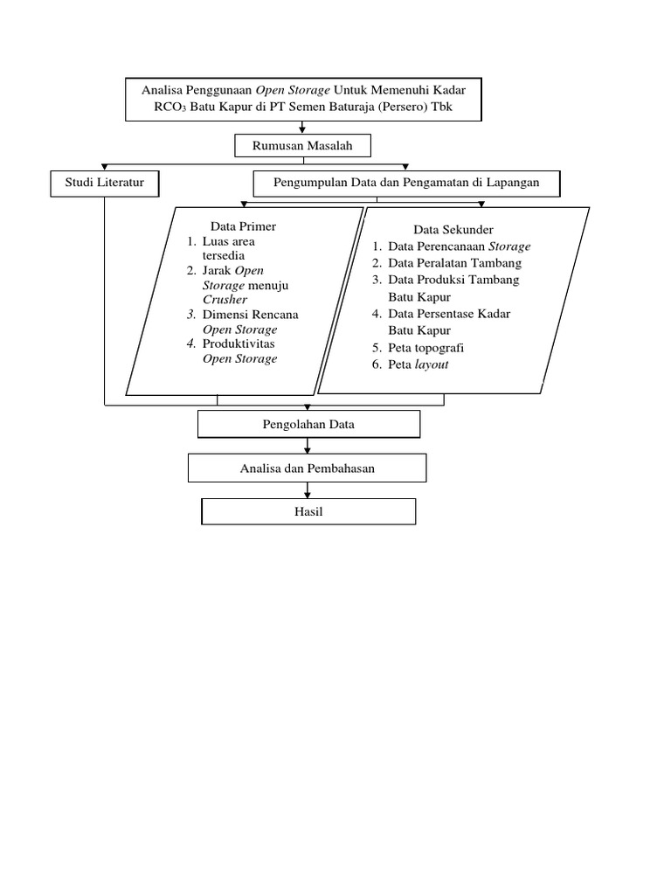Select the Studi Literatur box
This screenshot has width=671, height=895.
click(x=105, y=183)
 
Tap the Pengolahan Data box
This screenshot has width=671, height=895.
click(x=308, y=425)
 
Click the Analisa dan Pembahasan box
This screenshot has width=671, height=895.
click(x=308, y=468)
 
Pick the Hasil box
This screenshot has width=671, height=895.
click(x=308, y=511)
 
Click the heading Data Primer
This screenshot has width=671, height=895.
click(x=243, y=226)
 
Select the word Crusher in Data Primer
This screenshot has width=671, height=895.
click(x=225, y=300)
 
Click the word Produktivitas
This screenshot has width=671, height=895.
click(x=239, y=344)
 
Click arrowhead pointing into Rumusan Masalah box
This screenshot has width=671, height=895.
click(x=301, y=131)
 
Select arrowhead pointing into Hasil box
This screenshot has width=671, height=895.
click(x=308, y=495)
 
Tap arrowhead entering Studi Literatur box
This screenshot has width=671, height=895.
click(x=105, y=168)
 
